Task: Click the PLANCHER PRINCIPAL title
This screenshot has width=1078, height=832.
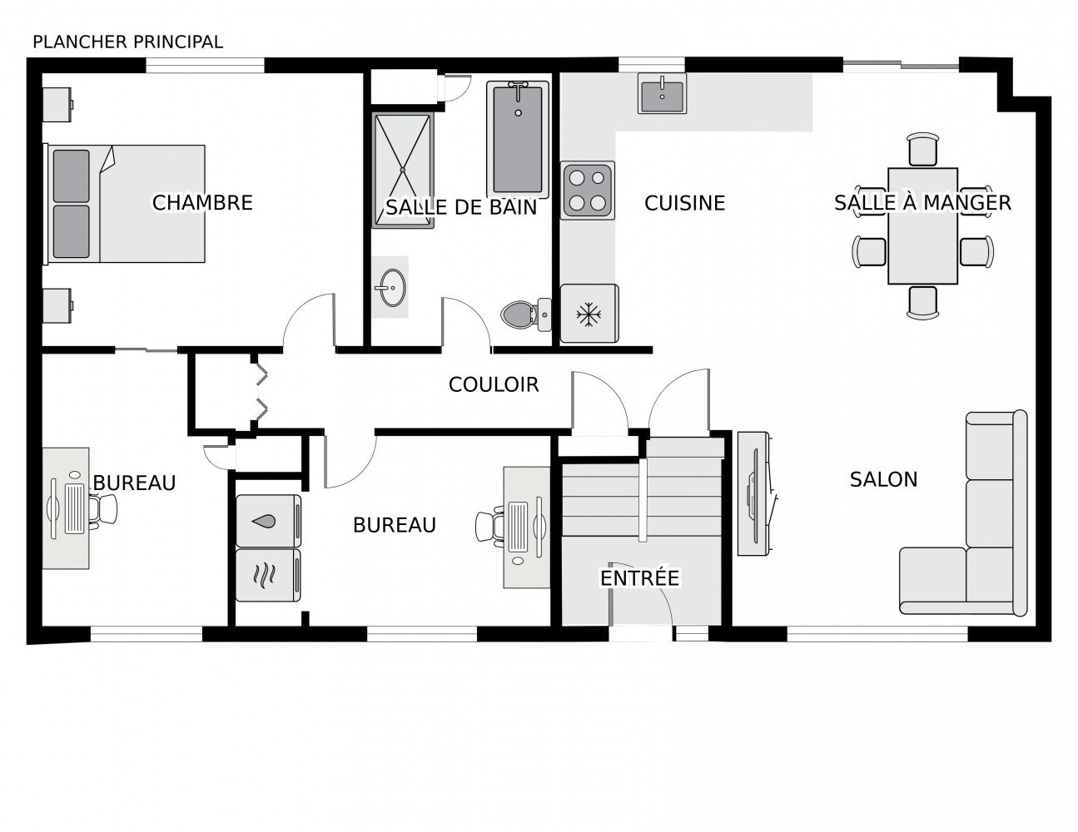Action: point(127,42)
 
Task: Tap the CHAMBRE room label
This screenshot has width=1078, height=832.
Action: point(202,203)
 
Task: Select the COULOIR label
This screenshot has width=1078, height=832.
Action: point(494,384)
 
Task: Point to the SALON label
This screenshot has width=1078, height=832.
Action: point(883,479)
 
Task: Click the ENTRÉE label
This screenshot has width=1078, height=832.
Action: point(639,577)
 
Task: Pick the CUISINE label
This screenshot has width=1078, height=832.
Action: point(684,203)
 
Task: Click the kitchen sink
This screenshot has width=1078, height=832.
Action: point(662,93)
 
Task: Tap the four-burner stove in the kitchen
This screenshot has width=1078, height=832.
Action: point(588,191)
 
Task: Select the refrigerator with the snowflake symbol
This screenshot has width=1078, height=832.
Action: point(589,314)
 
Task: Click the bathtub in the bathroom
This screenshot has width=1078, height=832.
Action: point(518,140)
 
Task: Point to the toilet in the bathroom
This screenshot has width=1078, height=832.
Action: point(526,314)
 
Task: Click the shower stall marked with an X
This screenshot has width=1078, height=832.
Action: point(403,170)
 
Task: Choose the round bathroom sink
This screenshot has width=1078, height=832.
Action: point(392,288)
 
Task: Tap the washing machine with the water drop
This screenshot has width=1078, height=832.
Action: point(268,521)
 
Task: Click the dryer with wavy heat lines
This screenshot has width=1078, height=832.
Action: point(268,575)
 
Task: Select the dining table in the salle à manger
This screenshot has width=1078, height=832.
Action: point(922,226)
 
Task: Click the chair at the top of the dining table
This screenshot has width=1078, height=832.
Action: point(922,149)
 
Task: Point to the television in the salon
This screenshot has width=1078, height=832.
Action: point(755,493)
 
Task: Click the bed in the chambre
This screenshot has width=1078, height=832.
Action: point(125,203)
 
